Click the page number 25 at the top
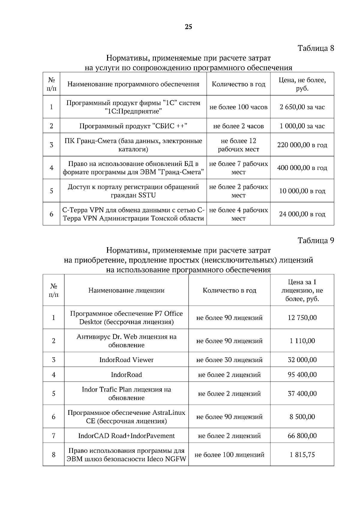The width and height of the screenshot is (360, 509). click(x=188, y=27)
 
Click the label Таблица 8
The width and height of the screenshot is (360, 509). click(x=316, y=48)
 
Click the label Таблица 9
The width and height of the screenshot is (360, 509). click(x=316, y=240)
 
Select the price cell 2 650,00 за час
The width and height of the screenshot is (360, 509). click(x=302, y=107)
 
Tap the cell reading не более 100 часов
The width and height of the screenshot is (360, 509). click(x=238, y=107)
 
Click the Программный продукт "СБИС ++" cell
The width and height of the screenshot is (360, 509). click(x=133, y=126)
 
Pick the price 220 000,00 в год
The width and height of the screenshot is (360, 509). click(x=302, y=145)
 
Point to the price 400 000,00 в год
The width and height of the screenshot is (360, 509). click(x=302, y=168)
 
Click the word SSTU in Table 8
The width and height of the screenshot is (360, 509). click(x=147, y=195)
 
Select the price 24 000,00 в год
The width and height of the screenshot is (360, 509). click(x=302, y=214)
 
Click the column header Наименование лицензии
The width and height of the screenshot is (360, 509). click(x=126, y=290)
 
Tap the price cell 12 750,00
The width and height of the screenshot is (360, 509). click(x=302, y=318)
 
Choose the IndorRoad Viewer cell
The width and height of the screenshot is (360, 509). click(x=126, y=360)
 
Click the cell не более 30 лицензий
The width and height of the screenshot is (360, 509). click(x=229, y=360)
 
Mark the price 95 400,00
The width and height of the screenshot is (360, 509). click(x=302, y=375)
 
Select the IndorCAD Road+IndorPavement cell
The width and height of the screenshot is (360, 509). click(x=126, y=436)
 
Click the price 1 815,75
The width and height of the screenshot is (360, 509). click(x=302, y=455)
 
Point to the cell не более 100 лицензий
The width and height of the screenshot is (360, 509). click(x=229, y=455)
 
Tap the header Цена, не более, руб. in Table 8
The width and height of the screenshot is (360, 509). click(x=302, y=84)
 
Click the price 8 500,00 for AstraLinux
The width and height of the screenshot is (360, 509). click(x=302, y=417)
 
